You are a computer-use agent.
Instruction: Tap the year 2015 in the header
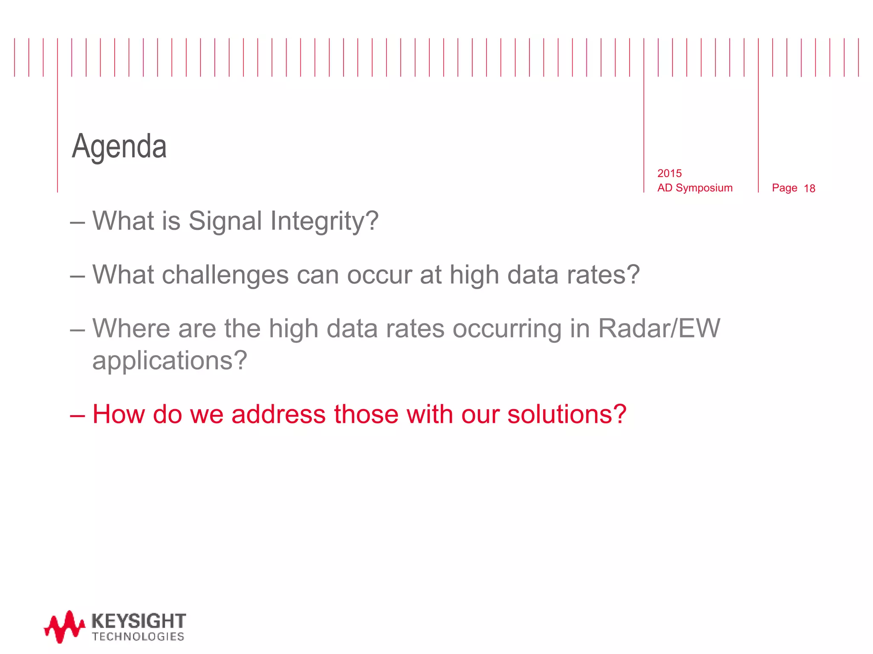(x=669, y=173)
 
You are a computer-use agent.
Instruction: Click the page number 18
(x=809, y=189)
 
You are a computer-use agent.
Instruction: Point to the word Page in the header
(x=784, y=188)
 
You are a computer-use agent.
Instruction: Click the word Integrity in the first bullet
(x=324, y=221)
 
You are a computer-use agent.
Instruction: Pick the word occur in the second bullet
(x=379, y=275)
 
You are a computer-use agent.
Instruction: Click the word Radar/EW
(x=659, y=328)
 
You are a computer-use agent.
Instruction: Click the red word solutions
(x=567, y=414)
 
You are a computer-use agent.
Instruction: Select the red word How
(x=119, y=414)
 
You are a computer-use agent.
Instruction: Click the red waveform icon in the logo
(x=64, y=626)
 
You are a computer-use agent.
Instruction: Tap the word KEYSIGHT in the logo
(x=139, y=621)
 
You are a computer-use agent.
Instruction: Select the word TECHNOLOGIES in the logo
(x=138, y=637)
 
